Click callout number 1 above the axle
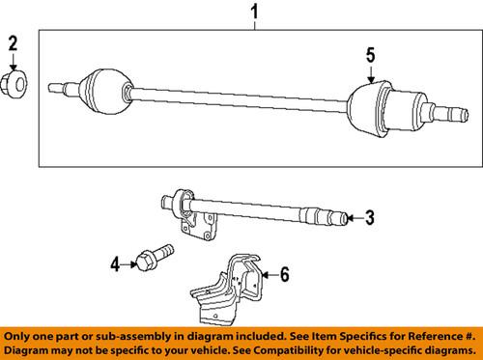[255, 14]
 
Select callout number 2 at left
[14, 42]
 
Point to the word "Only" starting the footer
[21, 334]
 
